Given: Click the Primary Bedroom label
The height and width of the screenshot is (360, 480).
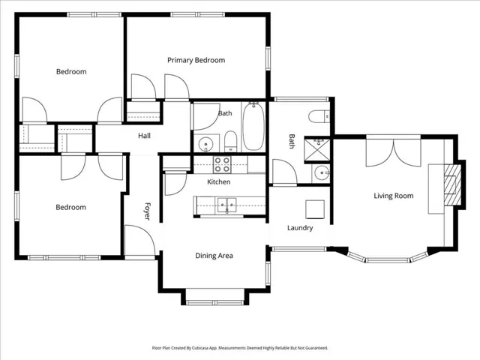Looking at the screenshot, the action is click(x=196, y=60).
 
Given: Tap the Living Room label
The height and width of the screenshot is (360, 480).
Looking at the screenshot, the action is click(x=393, y=196).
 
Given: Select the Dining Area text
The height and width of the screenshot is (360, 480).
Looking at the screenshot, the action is click(x=214, y=256).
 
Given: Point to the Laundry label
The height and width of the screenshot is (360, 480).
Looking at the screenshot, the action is click(x=300, y=228).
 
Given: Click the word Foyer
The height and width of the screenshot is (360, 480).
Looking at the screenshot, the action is click(x=147, y=211).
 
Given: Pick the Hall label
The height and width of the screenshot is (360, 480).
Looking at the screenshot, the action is click(x=144, y=136).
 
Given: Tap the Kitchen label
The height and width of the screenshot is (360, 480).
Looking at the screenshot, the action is click(x=218, y=181).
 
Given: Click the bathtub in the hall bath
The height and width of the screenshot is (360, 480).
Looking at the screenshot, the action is click(x=253, y=127).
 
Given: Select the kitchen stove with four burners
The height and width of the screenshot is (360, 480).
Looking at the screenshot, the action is click(x=222, y=165).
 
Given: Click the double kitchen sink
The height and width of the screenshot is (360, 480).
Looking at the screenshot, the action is click(x=226, y=205).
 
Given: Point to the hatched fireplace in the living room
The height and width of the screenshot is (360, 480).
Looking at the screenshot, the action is click(x=452, y=185).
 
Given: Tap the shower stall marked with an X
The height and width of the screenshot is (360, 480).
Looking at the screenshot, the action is click(x=317, y=149).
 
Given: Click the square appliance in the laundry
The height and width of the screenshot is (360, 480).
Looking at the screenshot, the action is click(x=315, y=209).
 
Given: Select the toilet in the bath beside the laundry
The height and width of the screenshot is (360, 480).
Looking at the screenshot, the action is click(x=319, y=117).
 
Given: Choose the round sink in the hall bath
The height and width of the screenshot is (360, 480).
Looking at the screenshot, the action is click(x=205, y=144).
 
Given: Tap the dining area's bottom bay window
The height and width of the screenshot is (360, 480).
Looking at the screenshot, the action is click(x=215, y=303).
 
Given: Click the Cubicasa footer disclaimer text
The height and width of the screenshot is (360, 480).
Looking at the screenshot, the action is click(x=240, y=348).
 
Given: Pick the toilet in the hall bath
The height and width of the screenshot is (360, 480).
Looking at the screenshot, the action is click(x=230, y=141).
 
